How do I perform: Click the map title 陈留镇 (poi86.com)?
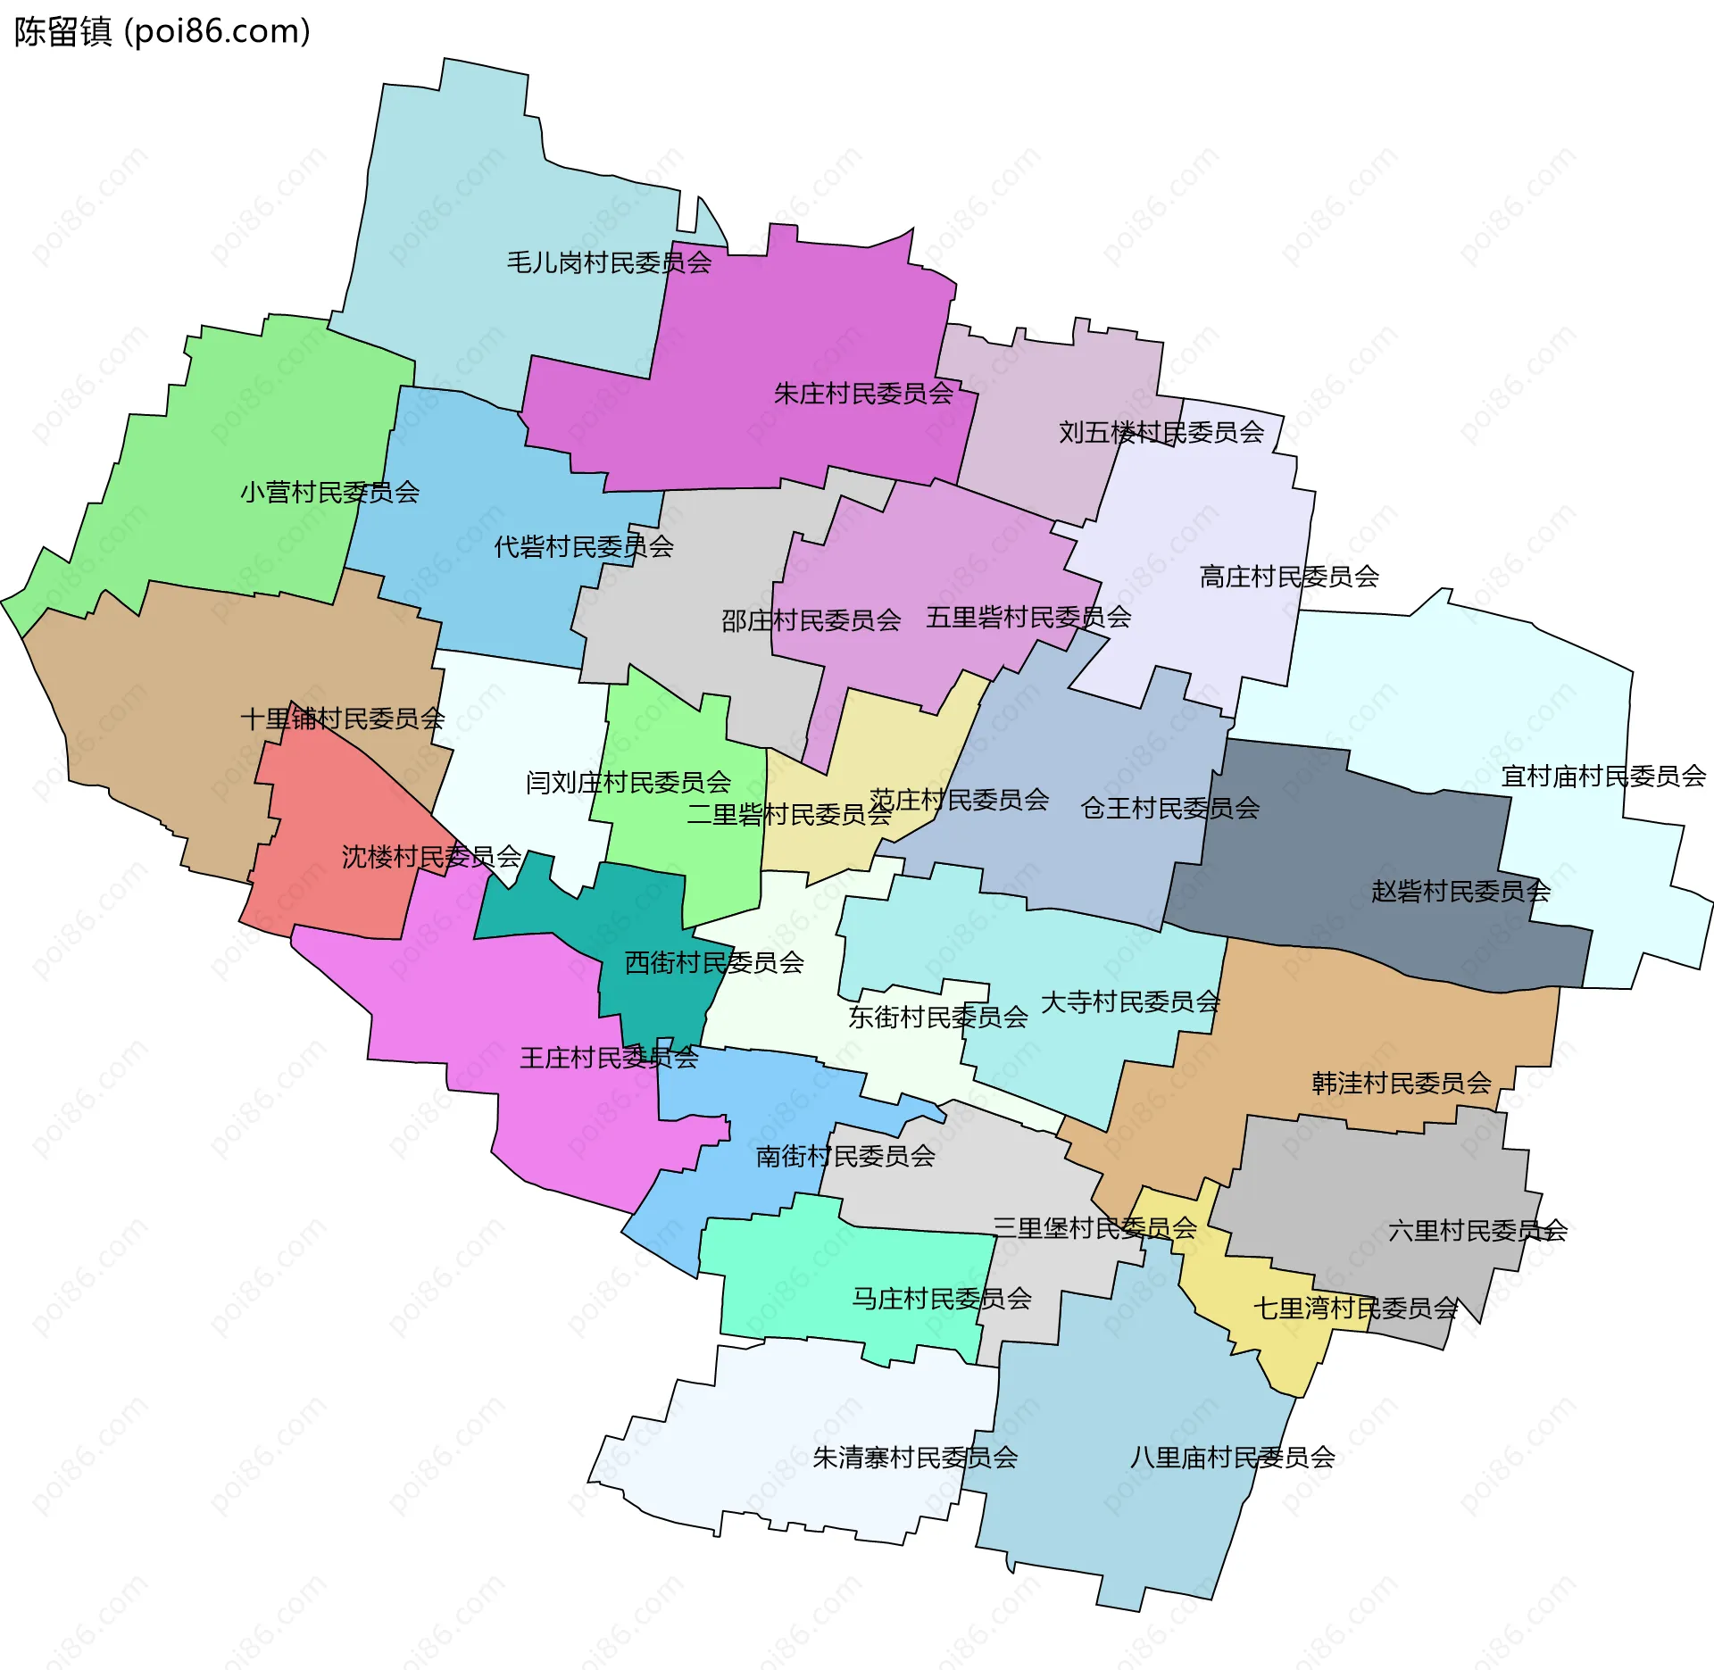click(162, 32)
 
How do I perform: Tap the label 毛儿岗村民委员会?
click(609, 262)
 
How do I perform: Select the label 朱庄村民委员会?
click(863, 393)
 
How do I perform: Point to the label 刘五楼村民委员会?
click(1161, 432)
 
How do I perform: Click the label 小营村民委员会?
click(329, 492)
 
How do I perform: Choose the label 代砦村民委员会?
click(584, 546)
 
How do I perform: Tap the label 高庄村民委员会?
click(1289, 577)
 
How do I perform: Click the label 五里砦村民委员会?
click(1028, 617)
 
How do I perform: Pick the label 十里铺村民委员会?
click(343, 719)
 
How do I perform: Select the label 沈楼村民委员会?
click(431, 857)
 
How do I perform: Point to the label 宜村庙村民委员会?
click(1603, 777)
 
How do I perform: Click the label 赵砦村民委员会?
click(1460, 891)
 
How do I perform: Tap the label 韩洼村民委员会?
click(1402, 1083)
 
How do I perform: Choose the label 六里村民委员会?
click(1477, 1231)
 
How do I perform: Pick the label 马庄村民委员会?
click(942, 1299)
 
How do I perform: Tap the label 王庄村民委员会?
click(609, 1058)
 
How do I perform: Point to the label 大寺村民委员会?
click(1130, 1001)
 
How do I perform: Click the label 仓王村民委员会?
click(1169, 808)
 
